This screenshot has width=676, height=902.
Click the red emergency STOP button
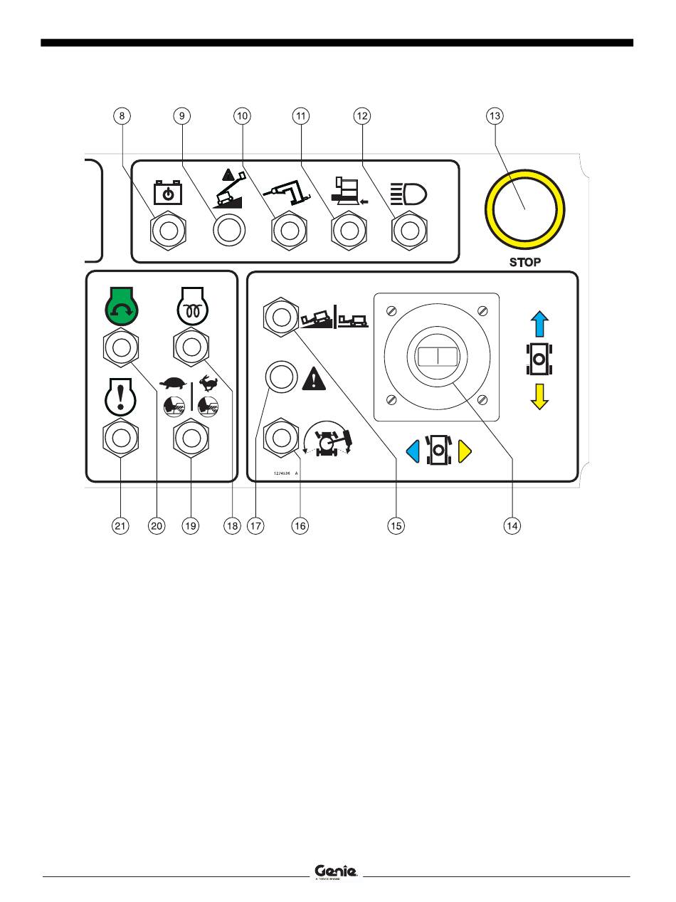pyautogui.click(x=525, y=208)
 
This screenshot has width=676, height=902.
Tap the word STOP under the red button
pyautogui.click(x=525, y=262)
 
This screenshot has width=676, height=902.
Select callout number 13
pyautogui.click(x=494, y=116)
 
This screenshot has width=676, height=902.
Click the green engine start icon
pyautogui.click(x=121, y=304)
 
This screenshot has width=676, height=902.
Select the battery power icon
pyautogui.click(x=168, y=192)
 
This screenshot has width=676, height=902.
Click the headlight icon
pyautogui.click(x=408, y=192)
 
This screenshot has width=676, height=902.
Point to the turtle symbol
pyautogui.click(x=173, y=383)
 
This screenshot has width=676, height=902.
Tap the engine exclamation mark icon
pyautogui.click(x=121, y=399)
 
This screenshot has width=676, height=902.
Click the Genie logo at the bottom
pyautogui.click(x=336, y=871)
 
